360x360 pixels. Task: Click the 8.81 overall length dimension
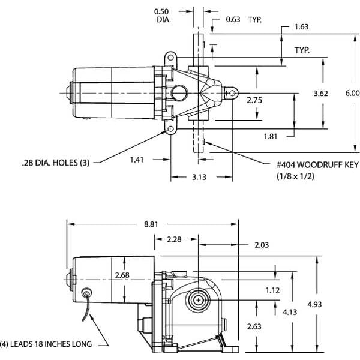click(x=151, y=224)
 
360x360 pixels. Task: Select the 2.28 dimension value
click(x=175, y=240)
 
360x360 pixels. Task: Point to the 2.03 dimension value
click(x=262, y=245)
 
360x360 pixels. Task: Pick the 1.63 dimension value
click(x=302, y=27)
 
